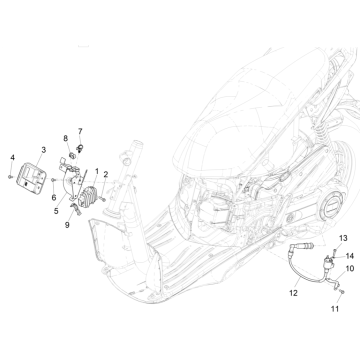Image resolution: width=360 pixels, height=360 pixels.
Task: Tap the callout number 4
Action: coord(12,159)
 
